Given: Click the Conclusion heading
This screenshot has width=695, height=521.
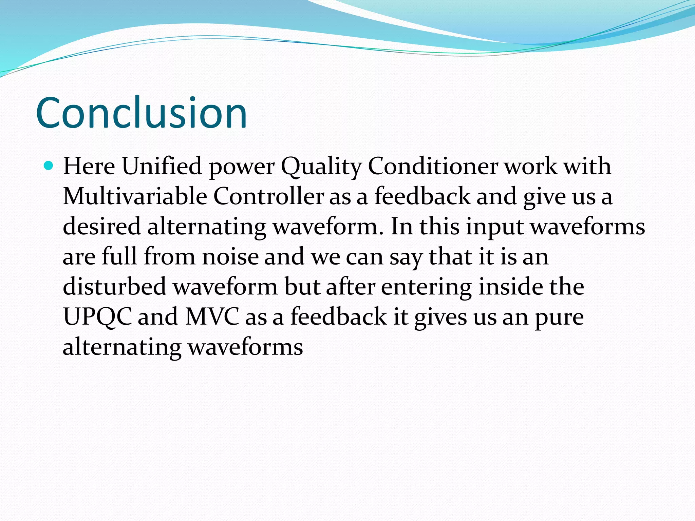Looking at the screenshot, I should coord(142,113).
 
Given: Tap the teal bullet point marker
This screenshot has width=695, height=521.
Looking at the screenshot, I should coord(49,166).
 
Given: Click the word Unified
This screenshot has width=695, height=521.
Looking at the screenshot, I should coord(162,166).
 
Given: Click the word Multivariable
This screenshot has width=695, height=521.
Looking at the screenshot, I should coord(135,196).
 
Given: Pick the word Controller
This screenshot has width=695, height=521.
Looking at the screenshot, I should coord(268,196).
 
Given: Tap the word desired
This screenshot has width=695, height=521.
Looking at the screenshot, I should coord(101,226).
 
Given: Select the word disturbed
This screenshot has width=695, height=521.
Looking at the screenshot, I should coord(114,286).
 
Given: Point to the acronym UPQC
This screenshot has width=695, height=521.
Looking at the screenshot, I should coord(97,317).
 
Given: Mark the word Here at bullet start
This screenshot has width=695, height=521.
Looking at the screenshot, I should coord(89,166).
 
